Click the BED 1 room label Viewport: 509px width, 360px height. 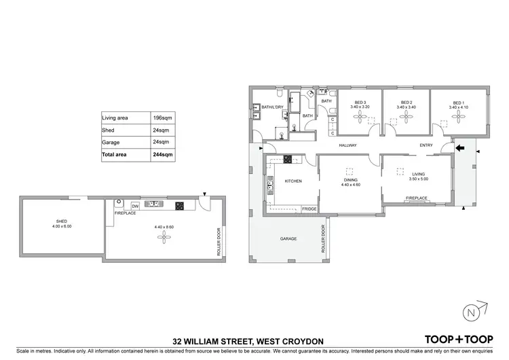tap(459, 103)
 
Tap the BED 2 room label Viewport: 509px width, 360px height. tap(406, 103)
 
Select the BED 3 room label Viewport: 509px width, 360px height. tap(360, 103)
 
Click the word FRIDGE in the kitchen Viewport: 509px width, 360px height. tap(309, 209)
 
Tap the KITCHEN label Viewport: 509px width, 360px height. tap(293, 181)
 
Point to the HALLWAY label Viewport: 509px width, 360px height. tap(348, 146)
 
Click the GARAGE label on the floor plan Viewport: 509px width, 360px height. tap(289, 239)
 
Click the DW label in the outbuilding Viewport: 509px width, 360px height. tap(135, 206)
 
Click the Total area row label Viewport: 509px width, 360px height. tap(114, 155)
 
